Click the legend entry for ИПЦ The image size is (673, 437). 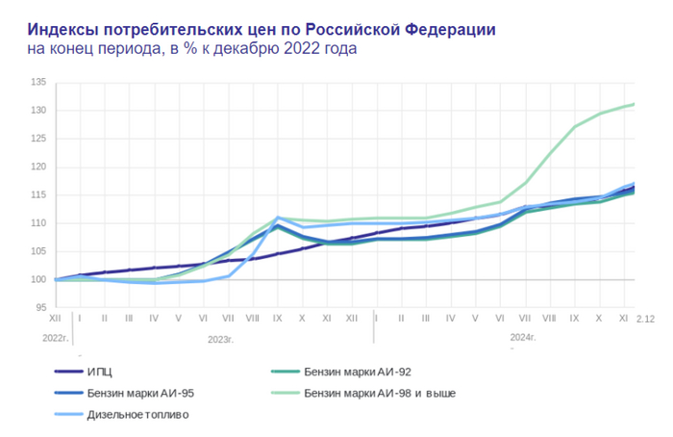[x=107, y=371]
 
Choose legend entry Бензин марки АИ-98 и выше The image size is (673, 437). [x=378, y=393]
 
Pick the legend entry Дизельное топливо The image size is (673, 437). [x=137, y=415]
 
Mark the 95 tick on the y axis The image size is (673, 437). [x=39, y=308]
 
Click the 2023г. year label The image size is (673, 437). [x=222, y=338]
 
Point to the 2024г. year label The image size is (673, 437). [x=523, y=338]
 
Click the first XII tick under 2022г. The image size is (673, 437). [x=56, y=317]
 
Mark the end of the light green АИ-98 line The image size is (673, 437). [x=635, y=104]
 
